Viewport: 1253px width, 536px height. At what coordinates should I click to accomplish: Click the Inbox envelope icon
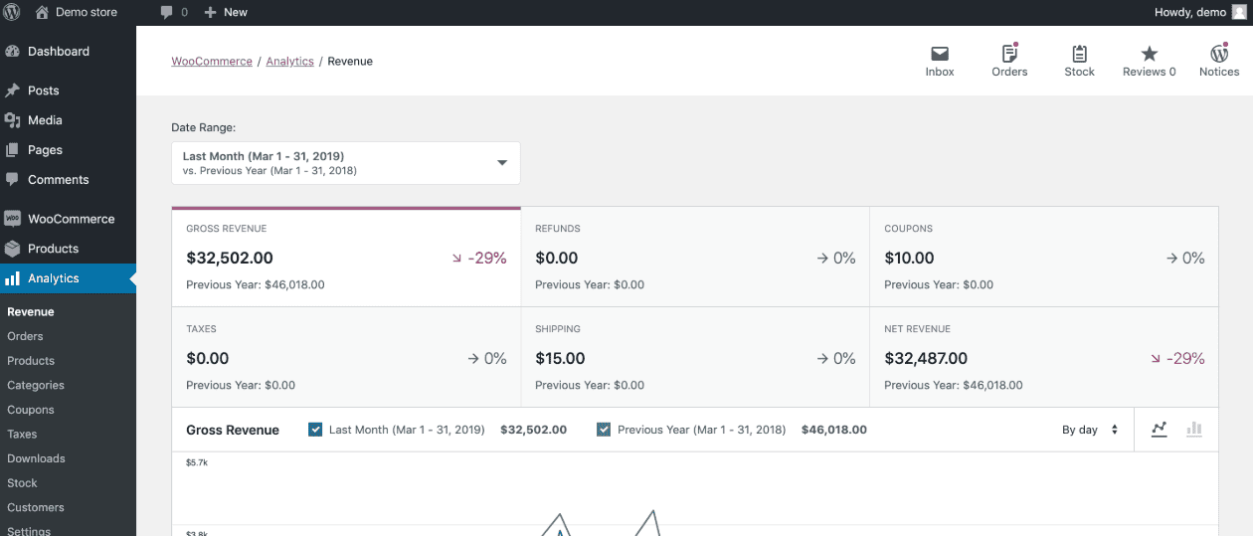pyautogui.click(x=939, y=54)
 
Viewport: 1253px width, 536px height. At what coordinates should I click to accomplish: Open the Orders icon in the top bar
pyautogui.click(x=1009, y=54)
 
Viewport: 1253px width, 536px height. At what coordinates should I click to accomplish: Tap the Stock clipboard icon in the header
pyautogui.click(x=1079, y=54)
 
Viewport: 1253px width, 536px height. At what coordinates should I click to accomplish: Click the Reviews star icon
pyautogui.click(x=1149, y=54)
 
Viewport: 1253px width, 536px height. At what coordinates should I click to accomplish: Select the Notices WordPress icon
pyautogui.click(x=1219, y=54)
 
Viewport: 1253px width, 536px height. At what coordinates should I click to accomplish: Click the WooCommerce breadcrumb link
pyautogui.click(x=212, y=62)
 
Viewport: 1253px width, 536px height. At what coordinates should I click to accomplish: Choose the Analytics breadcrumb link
pyautogui.click(x=289, y=62)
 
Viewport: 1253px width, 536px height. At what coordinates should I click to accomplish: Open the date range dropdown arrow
pyautogui.click(x=502, y=163)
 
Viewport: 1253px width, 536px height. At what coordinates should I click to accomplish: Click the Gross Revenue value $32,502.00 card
pyautogui.click(x=230, y=259)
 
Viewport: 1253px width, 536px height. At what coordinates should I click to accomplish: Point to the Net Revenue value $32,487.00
pyautogui.click(x=926, y=359)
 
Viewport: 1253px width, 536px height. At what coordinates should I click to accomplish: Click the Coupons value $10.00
pyautogui.click(x=909, y=259)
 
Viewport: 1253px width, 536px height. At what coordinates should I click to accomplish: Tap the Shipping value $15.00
pyautogui.click(x=560, y=359)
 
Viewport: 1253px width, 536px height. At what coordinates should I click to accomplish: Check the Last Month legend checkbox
pyautogui.click(x=315, y=430)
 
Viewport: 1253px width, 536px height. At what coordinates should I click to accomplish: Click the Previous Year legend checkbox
pyautogui.click(x=604, y=430)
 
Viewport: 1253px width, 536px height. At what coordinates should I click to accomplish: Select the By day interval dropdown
pyautogui.click(x=1090, y=430)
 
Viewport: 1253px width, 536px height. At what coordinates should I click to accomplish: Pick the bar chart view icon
pyautogui.click(x=1194, y=430)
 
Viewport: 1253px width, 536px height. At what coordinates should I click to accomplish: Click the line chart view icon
pyautogui.click(x=1159, y=430)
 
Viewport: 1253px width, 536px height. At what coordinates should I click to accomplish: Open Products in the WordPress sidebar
pyautogui.click(x=53, y=249)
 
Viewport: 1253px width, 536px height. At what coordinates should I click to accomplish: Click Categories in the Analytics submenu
pyautogui.click(x=36, y=385)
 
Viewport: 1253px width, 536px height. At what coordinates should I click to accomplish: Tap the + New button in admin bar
pyautogui.click(x=226, y=12)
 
